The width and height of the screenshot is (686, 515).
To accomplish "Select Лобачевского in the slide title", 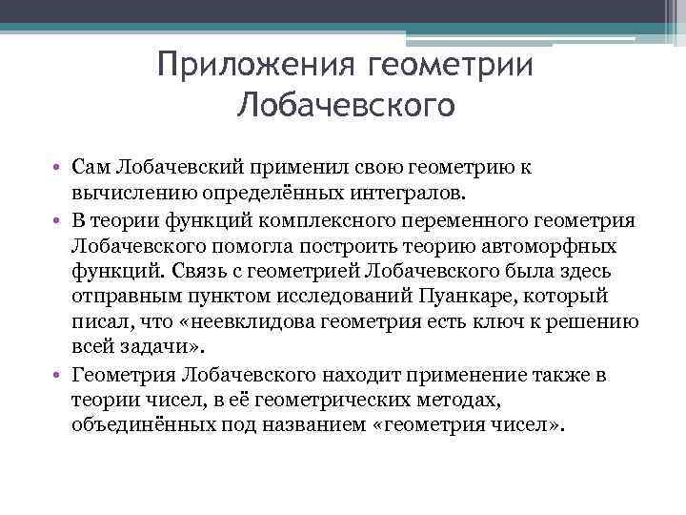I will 346,103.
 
